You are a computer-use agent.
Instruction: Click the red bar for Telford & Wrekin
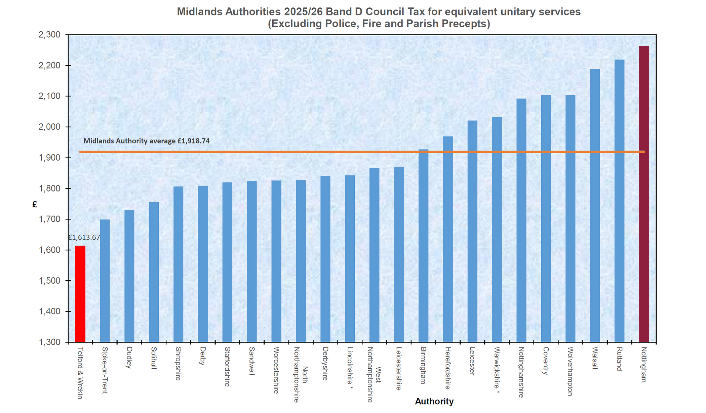80,294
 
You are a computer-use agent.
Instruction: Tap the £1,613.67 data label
84,238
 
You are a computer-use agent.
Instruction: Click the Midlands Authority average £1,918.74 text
146,141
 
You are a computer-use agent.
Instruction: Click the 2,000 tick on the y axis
49,127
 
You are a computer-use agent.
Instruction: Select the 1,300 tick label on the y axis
49,342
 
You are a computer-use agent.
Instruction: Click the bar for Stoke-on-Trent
105,281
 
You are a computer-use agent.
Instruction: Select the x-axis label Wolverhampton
570,371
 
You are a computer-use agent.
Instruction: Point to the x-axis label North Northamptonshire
300,375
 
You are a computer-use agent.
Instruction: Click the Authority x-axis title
434,401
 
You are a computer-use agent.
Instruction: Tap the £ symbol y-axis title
35,204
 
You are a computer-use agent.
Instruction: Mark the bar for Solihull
154,272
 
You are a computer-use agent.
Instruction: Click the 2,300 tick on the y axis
49,35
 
